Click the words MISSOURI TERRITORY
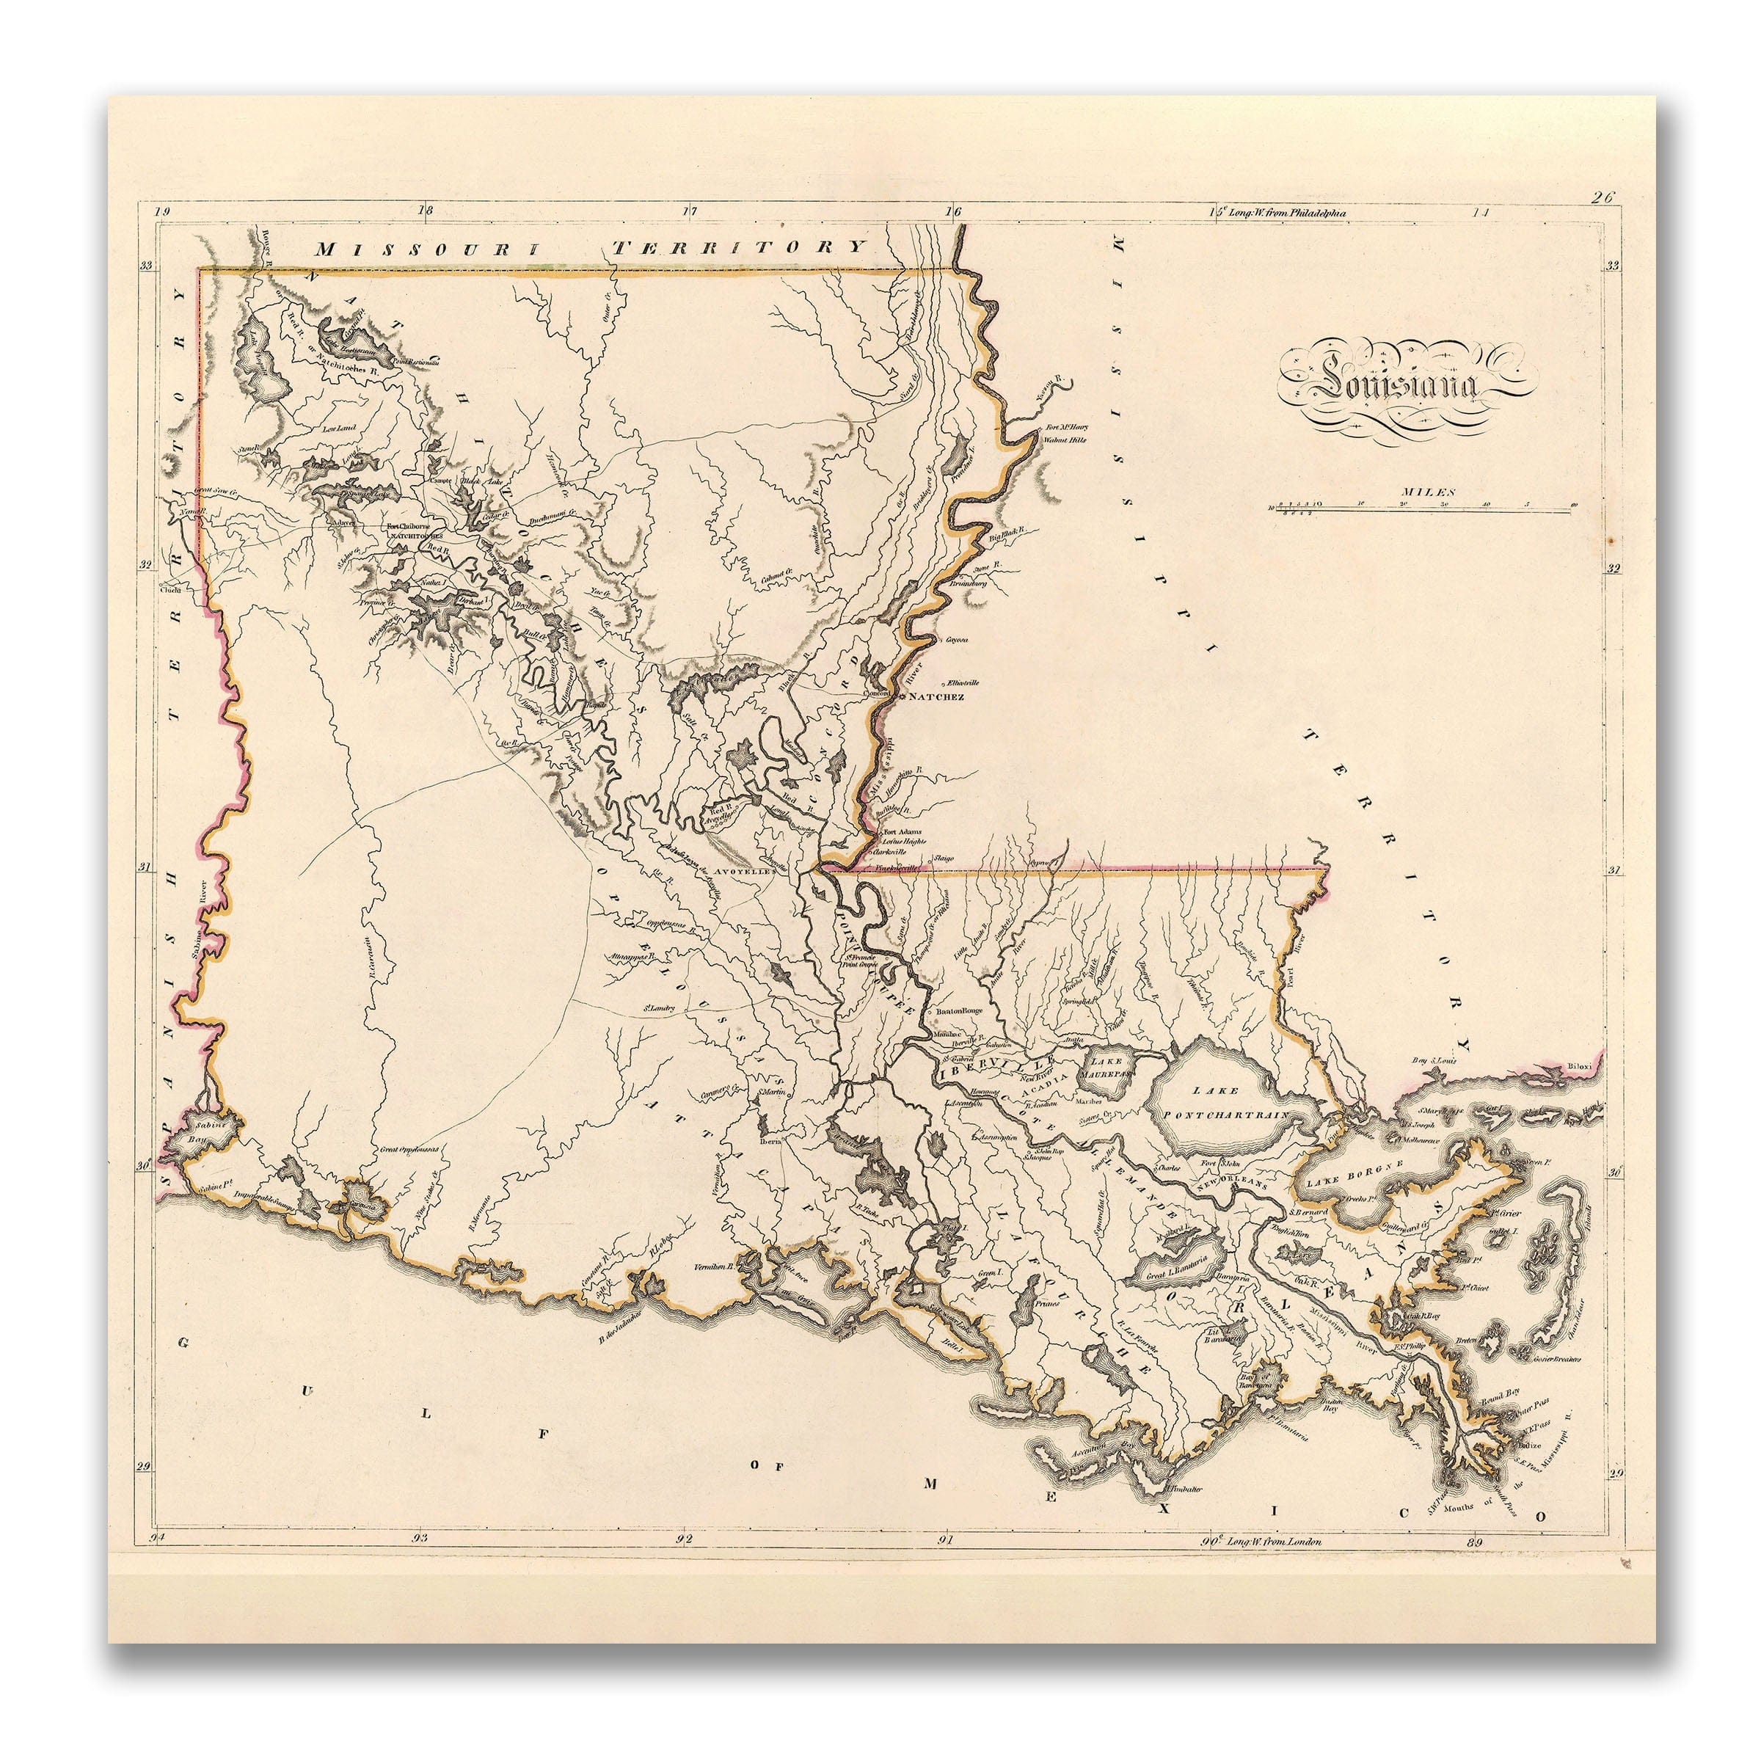(587, 247)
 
